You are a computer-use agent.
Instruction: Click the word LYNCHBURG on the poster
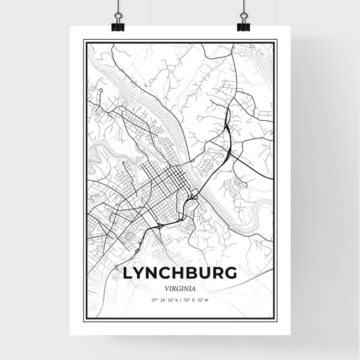coord(180,273)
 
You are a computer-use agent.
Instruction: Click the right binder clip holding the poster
coord(243,25)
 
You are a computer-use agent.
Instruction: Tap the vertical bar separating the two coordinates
coord(180,299)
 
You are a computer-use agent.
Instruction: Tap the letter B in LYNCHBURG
coord(193,273)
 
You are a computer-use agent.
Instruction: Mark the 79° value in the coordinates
coord(188,299)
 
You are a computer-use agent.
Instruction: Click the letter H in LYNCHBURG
coord(180,273)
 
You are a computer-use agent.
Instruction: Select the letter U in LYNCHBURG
coord(205,273)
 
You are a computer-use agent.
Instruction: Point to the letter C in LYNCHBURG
coord(167,273)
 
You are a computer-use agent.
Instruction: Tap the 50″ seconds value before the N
coord(170,299)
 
